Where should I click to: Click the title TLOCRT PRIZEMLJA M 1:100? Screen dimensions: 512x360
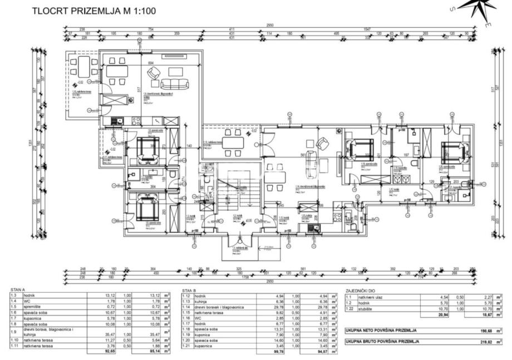point(94,10)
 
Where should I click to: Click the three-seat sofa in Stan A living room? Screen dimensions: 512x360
point(174,84)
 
